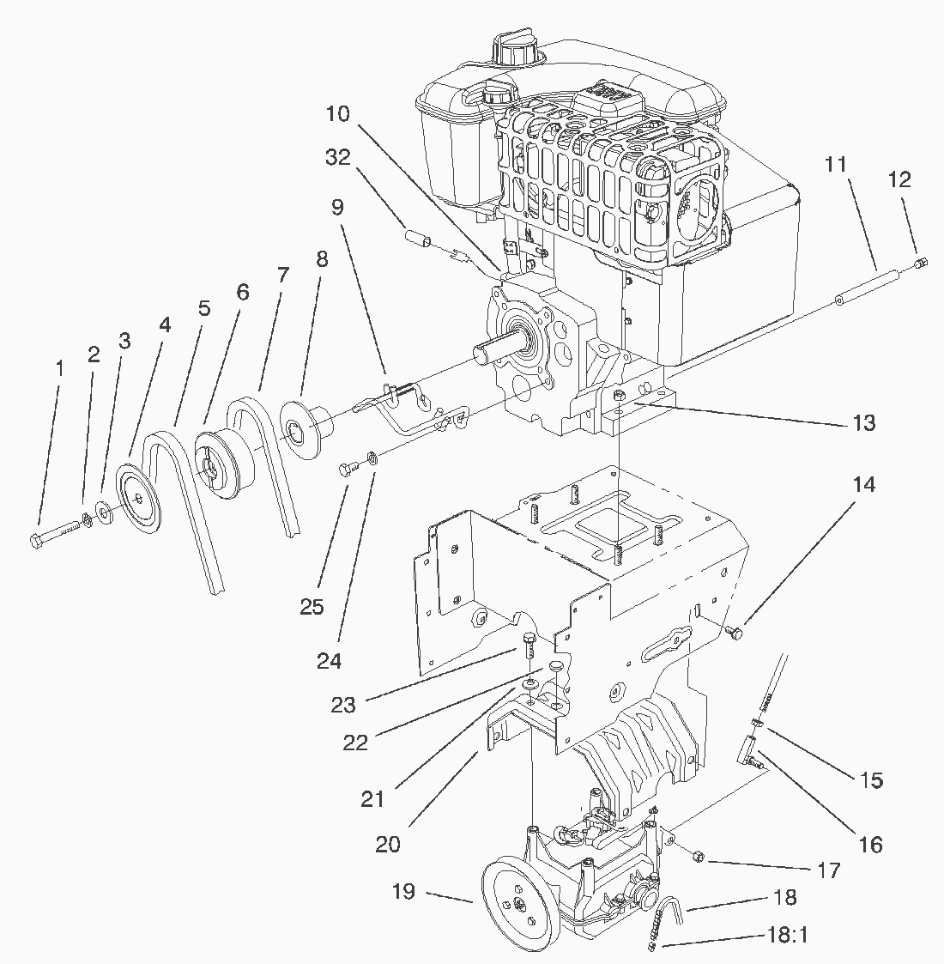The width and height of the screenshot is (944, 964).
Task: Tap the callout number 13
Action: tap(863, 422)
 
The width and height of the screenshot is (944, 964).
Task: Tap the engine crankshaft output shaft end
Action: tap(481, 351)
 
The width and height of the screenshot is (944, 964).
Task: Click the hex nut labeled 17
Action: tap(697, 856)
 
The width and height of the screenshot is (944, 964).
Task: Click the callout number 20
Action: tap(387, 844)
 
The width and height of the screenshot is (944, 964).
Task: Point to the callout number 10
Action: tap(337, 113)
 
